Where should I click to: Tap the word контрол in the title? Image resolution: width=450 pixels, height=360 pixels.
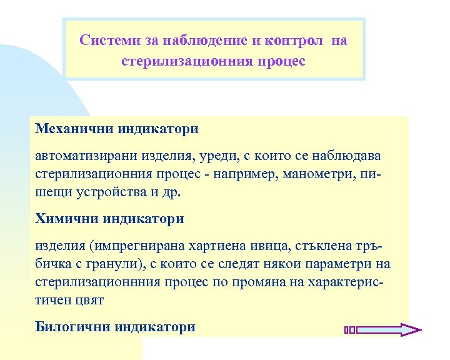[x=294, y=41]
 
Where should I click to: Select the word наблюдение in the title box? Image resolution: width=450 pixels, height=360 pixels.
[x=202, y=41]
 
